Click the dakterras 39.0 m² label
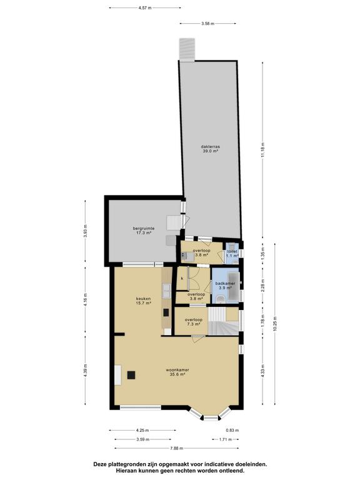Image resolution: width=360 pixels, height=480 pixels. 210,149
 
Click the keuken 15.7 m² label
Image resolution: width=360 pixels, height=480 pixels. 144,301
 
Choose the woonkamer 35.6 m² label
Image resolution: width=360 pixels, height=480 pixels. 178,372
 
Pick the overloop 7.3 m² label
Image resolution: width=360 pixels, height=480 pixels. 192,322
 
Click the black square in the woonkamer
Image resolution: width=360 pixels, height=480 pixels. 132,375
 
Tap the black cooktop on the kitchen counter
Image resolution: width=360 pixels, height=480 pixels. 166,312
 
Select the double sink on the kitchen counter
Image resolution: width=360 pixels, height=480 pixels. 166,289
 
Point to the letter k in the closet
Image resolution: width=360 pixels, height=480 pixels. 182,277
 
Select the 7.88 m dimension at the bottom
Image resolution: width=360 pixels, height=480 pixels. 176,447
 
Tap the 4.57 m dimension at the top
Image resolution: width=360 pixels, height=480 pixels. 145,8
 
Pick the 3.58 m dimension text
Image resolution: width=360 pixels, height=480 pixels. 208,23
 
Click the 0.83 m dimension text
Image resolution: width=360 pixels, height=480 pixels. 232,431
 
